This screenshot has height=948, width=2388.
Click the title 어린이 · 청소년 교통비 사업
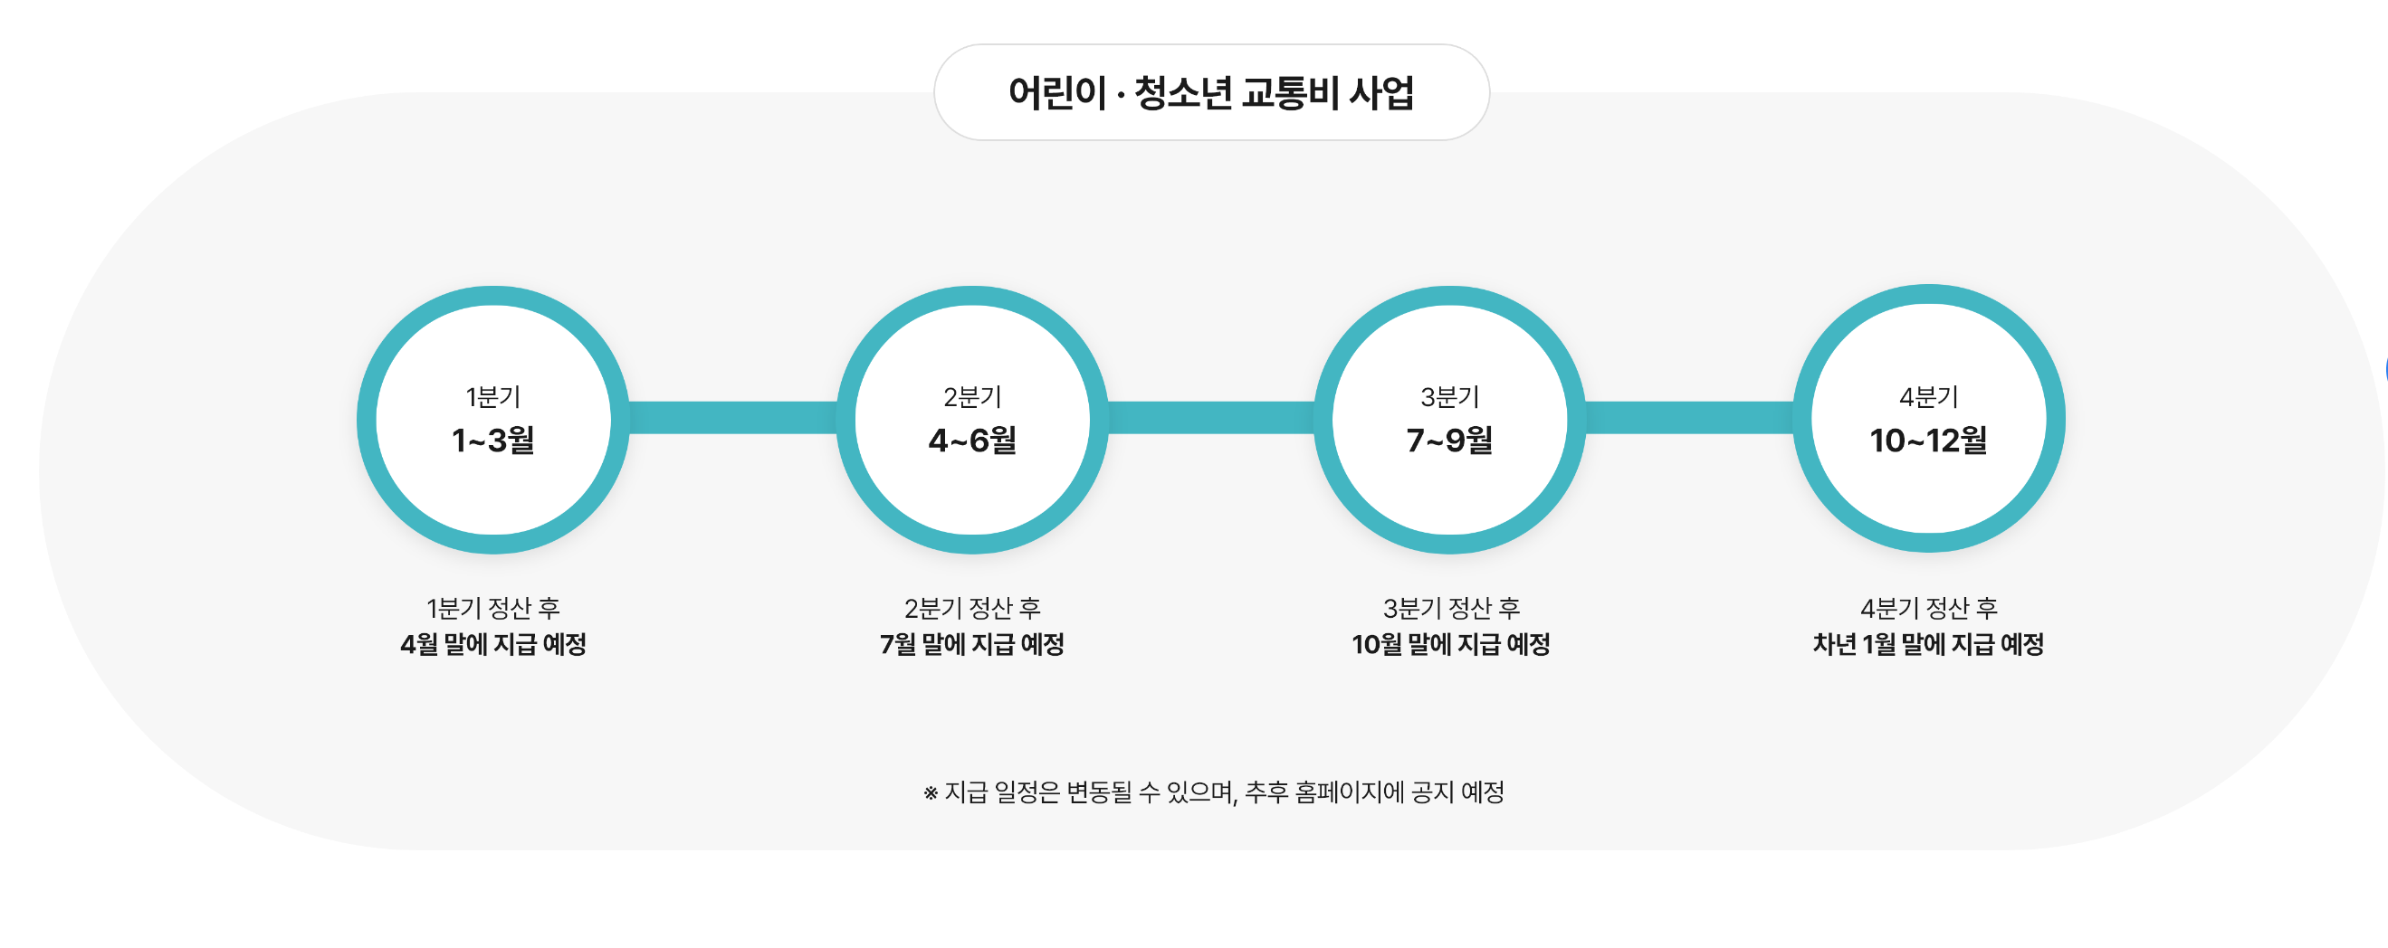click(1210, 92)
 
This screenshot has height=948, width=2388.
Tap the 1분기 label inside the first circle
click(493, 397)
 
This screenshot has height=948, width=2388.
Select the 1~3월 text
click(493, 441)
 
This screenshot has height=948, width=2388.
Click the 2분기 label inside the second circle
click(972, 397)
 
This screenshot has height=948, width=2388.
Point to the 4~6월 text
click(972, 441)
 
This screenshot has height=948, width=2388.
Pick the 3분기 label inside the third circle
click(1450, 397)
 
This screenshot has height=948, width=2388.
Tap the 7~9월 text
click(1450, 441)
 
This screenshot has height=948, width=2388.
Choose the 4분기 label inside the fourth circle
click(1928, 397)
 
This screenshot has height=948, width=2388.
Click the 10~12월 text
click(1928, 441)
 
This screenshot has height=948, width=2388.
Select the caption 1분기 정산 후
click(493, 608)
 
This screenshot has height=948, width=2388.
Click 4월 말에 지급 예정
click(493, 644)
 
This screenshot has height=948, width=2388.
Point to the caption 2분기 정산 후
click(972, 608)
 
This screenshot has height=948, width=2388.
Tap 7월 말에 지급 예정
click(972, 644)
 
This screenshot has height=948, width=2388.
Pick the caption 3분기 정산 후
click(1451, 608)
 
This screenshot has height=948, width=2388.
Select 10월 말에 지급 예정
click(1451, 644)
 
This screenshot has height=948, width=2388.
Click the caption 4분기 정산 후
click(1928, 608)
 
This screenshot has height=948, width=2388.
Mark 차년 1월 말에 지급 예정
click(1928, 644)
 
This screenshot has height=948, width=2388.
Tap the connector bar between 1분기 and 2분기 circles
click(732, 418)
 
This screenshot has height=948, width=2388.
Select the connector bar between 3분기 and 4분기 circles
click(1689, 418)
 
